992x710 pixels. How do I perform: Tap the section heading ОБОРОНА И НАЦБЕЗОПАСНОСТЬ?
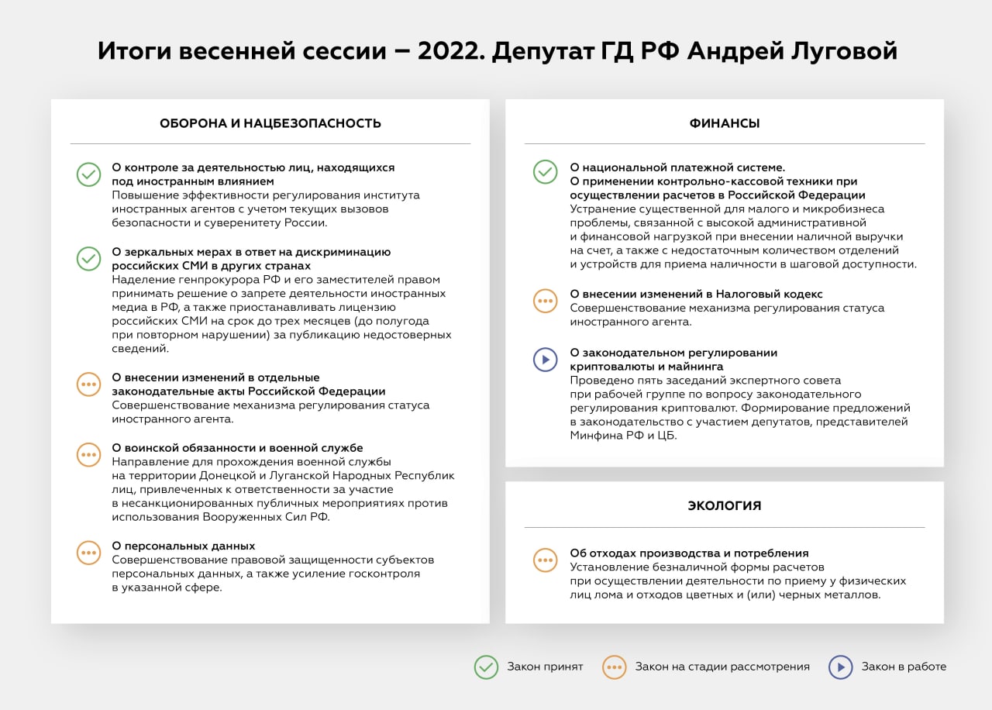click(x=270, y=123)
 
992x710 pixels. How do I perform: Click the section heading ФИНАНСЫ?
click(x=725, y=123)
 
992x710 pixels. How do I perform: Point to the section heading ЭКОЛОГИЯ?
click(x=725, y=506)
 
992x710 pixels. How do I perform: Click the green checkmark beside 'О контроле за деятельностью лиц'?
click(x=89, y=174)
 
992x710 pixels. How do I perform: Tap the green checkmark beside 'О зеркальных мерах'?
click(x=89, y=258)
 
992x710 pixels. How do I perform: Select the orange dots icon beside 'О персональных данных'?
click(x=89, y=553)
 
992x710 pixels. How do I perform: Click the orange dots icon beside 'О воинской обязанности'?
click(x=89, y=455)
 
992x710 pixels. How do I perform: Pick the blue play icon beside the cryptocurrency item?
click(x=546, y=359)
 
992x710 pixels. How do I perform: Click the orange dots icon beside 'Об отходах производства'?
click(x=546, y=560)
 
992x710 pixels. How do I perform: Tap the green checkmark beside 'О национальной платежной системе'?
click(x=546, y=172)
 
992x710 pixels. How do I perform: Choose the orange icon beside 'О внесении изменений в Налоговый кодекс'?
click(x=546, y=301)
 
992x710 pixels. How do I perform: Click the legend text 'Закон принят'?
click(x=545, y=667)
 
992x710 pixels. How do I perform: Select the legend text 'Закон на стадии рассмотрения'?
click(x=722, y=667)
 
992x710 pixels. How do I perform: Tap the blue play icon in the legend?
click(x=841, y=667)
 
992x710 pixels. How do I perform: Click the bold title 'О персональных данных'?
click(x=184, y=546)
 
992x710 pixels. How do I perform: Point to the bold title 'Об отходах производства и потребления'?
click(x=689, y=553)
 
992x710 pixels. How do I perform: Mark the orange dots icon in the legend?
click(x=615, y=667)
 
